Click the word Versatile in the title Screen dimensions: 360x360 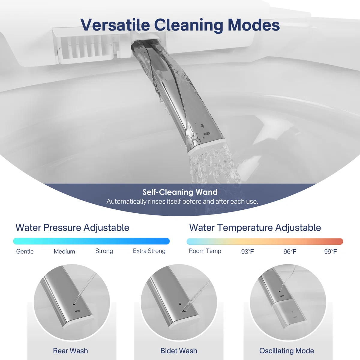click(115, 25)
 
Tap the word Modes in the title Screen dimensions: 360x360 click(254, 25)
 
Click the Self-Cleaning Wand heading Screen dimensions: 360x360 click(180, 192)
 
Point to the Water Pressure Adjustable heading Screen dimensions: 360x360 click(72, 228)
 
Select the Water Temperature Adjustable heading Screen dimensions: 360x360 click(255, 228)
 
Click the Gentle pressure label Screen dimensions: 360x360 click(25, 251)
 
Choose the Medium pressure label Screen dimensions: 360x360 click(64, 251)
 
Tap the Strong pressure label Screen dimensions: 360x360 click(104, 251)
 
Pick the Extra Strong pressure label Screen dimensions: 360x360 click(149, 251)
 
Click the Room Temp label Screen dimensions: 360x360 click(205, 251)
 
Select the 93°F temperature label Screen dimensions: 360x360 click(247, 252)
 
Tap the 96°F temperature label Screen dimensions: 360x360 click(290, 252)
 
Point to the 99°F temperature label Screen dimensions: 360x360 click(331, 252)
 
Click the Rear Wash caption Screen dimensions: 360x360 click(70, 351)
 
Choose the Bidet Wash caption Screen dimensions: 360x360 click(179, 351)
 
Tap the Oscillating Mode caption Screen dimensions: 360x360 click(286, 351)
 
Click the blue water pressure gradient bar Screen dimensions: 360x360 click(91, 241)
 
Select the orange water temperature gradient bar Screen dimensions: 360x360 click(265, 241)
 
